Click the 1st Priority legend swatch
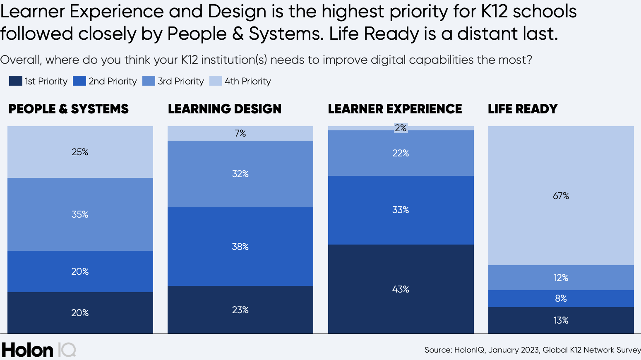[x=15, y=81]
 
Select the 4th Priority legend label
[x=247, y=81]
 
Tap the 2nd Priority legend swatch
[x=79, y=81]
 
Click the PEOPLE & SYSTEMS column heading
[x=69, y=109]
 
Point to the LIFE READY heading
[x=523, y=109]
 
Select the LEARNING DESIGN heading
[x=225, y=109]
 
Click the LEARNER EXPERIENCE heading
[x=395, y=109]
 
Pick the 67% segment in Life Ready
[x=561, y=196]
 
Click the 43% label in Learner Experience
[x=401, y=289]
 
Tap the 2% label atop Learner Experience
[x=401, y=128]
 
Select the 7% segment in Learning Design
[x=240, y=133]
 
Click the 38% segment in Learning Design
[x=240, y=247]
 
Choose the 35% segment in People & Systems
[x=80, y=214]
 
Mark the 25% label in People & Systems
[x=80, y=152]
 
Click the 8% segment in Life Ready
[x=561, y=298]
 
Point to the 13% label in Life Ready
[x=561, y=320]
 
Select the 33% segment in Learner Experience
[x=401, y=210]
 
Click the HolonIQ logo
[x=38, y=350]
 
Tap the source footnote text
[x=532, y=350]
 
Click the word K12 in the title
[x=494, y=11]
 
